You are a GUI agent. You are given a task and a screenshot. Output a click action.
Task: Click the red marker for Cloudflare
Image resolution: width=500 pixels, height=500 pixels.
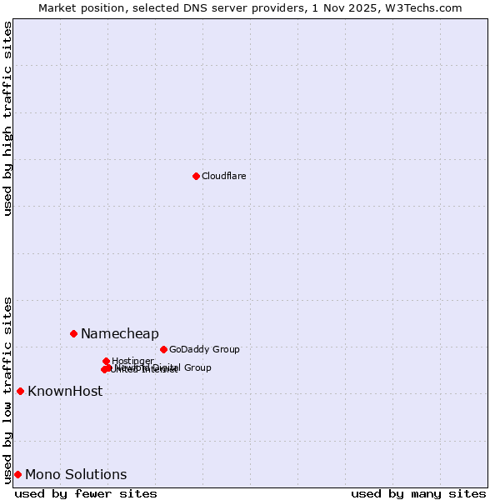click(x=196, y=176)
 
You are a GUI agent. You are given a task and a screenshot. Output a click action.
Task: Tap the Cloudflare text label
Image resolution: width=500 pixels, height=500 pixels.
click(x=223, y=176)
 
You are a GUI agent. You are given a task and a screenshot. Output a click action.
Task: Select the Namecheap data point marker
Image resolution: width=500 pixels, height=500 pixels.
click(x=73, y=333)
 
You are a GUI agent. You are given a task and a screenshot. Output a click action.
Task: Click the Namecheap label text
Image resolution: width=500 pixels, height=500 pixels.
click(x=119, y=334)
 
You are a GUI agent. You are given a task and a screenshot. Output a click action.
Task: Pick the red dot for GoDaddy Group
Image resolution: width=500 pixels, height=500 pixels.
click(x=163, y=349)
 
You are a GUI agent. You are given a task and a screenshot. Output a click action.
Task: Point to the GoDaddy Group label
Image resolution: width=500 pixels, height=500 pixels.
click(x=204, y=350)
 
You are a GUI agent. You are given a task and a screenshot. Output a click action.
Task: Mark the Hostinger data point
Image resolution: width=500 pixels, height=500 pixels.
click(x=106, y=361)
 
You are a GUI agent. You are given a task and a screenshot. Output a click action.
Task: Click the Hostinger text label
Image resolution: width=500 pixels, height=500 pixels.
click(x=132, y=361)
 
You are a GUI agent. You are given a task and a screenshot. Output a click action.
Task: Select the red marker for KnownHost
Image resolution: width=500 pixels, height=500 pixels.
click(x=20, y=391)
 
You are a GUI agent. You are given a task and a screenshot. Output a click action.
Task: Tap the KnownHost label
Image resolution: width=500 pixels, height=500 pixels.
click(x=65, y=392)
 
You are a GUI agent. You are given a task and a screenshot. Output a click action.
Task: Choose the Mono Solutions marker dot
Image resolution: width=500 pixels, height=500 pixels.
click(x=17, y=474)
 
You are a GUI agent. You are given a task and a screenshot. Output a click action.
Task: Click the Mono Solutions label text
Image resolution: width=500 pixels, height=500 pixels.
click(x=76, y=475)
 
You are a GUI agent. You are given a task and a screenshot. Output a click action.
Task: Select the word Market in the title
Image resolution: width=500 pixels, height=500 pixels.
click(x=56, y=7)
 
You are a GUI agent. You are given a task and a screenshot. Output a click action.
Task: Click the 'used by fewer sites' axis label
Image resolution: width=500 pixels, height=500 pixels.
click(x=86, y=493)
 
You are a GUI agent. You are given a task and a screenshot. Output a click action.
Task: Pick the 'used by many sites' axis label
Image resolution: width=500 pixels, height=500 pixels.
click(x=418, y=493)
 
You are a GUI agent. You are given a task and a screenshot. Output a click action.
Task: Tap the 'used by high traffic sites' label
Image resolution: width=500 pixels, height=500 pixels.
click(x=7, y=118)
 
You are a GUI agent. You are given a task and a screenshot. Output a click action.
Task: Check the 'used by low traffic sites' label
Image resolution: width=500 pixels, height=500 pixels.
click(x=7, y=390)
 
